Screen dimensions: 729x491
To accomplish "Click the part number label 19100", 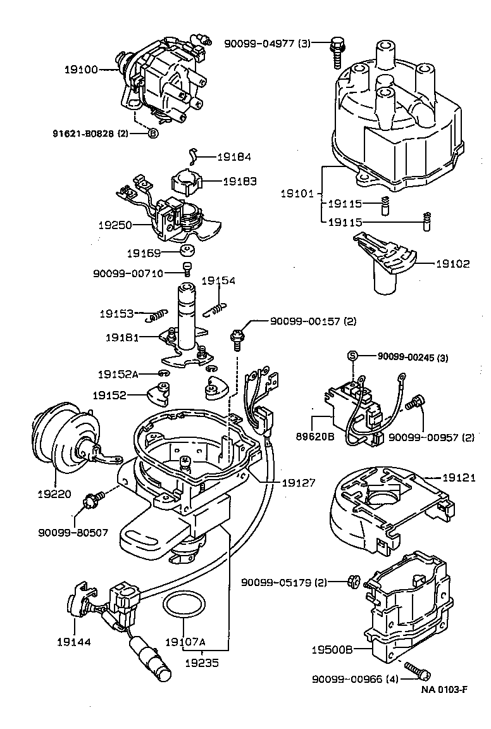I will pyautogui.click(x=81, y=70).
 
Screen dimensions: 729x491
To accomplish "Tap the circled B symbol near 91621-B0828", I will pyautogui.click(x=153, y=133).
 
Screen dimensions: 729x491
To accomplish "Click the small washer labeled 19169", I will pyautogui.click(x=187, y=252).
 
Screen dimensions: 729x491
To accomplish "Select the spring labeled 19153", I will pyautogui.click(x=156, y=315).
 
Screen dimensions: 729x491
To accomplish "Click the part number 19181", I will pyautogui.click(x=121, y=338).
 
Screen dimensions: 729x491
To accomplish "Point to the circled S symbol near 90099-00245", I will pyautogui.click(x=352, y=357).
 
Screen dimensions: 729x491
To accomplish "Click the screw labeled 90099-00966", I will pyautogui.click(x=414, y=668).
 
